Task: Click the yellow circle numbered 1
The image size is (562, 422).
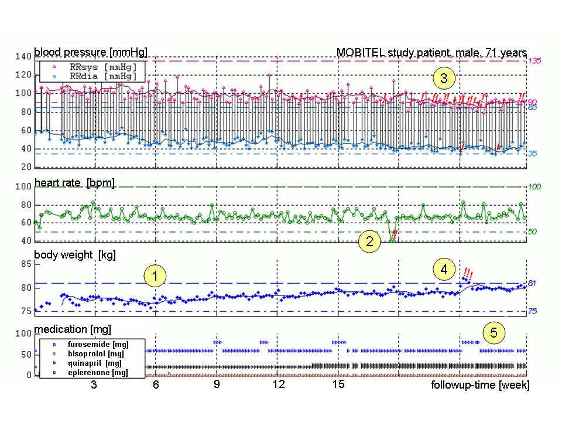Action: (155, 275)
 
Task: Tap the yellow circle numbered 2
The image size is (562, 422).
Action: (369, 241)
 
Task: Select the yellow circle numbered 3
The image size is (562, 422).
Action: (444, 78)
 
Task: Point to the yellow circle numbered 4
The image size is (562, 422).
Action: (444, 270)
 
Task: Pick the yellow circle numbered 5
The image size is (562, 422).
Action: (494, 333)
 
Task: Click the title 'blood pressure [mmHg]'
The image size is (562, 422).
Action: (91, 52)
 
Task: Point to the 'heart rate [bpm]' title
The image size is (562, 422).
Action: (74, 183)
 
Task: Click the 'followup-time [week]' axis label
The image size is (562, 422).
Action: (480, 385)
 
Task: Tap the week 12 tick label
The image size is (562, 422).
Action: (279, 384)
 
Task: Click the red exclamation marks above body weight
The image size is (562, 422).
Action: (468, 273)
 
